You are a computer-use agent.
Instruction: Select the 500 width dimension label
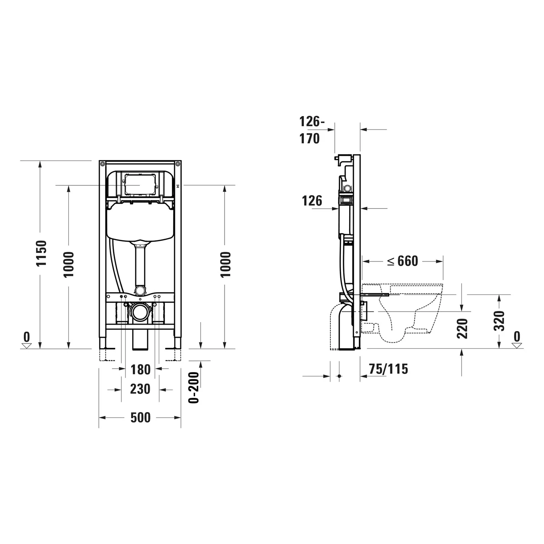click(140, 417)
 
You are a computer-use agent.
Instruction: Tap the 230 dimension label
click(140, 389)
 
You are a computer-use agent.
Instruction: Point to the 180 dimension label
click(140, 370)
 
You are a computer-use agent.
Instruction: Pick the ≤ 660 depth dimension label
click(403, 261)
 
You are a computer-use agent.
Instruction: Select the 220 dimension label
click(462, 328)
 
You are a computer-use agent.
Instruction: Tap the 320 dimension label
click(500, 321)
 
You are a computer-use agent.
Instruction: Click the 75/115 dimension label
click(388, 369)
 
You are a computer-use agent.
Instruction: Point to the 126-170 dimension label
click(310, 130)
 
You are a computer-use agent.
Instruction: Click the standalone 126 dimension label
click(312, 201)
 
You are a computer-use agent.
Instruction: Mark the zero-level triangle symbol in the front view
click(26, 346)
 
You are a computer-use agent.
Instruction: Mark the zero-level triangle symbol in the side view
click(517, 346)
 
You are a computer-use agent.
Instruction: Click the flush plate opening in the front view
click(140, 185)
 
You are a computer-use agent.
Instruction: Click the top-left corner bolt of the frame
click(103, 164)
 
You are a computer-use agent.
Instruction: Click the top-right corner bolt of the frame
click(178, 164)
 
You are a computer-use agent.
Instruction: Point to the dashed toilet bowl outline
click(410, 312)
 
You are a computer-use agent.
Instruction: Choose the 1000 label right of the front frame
click(225, 264)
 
